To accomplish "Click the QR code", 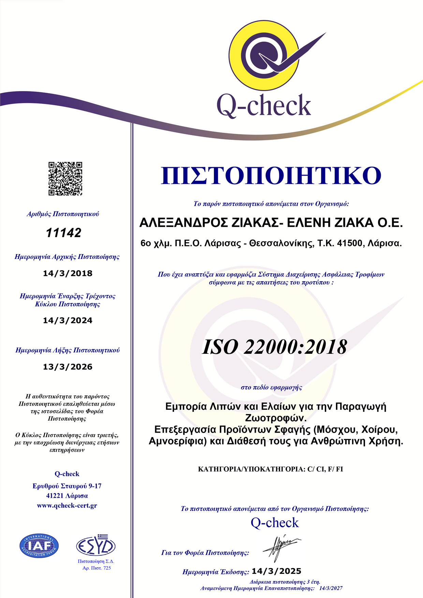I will (65, 178).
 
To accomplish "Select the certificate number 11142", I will (63, 233).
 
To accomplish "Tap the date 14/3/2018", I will (68, 273).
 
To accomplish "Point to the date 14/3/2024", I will (68, 320).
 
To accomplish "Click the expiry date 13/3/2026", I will (68, 367).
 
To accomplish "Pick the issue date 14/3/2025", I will (276, 571).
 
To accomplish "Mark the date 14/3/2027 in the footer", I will (331, 588).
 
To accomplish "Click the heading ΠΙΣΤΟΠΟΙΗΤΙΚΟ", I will (271, 175).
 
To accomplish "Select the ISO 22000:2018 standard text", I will (274, 347).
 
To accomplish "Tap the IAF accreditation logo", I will (39, 545).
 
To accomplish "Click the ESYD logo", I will (96, 546).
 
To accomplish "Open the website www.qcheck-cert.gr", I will (67, 506).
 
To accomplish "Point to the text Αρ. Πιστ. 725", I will (97, 568).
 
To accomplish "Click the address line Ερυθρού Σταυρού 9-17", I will (67, 486).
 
